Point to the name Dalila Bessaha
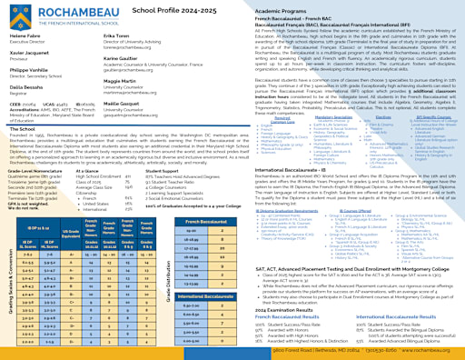coord(28,87)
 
